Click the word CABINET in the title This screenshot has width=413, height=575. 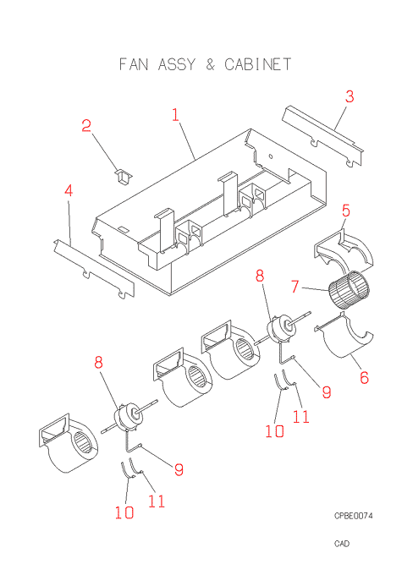pyautogui.click(x=258, y=64)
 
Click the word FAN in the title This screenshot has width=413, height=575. pyautogui.click(x=134, y=64)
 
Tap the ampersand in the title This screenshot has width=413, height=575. pyautogui.click(x=210, y=64)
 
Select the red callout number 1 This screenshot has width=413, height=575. pyautogui.click(x=175, y=114)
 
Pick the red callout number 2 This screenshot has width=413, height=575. pyautogui.click(x=86, y=125)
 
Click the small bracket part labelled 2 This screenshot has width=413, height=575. pyautogui.click(x=124, y=177)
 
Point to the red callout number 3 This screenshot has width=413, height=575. pyautogui.click(x=350, y=96)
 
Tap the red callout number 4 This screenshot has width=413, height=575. pyautogui.click(x=69, y=191)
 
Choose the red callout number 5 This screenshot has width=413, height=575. pyautogui.click(x=346, y=211)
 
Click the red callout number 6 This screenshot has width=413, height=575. pyautogui.click(x=364, y=377)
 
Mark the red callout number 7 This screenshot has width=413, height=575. pyautogui.click(x=295, y=287)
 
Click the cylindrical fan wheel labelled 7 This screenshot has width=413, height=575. pyautogui.click(x=349, y=289)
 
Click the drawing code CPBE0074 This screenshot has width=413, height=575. pyautogui.click(x=353, y=516)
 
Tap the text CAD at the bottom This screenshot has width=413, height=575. pyautogui.click(x=342, y=544)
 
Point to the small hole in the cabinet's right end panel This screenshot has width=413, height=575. pyautogui.click(x=271, y=156)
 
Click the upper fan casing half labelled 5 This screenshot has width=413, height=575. pyautogui.click(x=344, y=250)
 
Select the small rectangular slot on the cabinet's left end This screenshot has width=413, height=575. pyautogui.click(x=123, y=230)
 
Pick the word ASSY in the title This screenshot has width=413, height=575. pyautogui.click(x=177, y=64)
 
